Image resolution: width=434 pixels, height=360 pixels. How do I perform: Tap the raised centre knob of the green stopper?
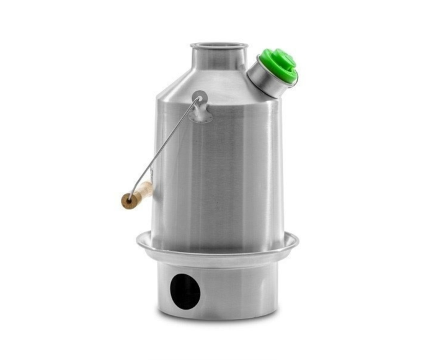pyautogui.click(x=281, y=61)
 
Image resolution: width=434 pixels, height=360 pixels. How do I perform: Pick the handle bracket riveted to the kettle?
pyautogui.click(x=200, y=106)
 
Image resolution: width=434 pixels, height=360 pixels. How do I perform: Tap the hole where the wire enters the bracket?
pyautogui.click(x=198, y=97)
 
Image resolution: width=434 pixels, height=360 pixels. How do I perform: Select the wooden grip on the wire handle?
pyautogui.click(x=138, y=194)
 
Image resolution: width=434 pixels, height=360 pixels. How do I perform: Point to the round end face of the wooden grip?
pyautogui.click(x=128, y=201)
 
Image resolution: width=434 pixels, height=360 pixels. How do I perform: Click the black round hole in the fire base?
pyautogui.click(x=185, y=290)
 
